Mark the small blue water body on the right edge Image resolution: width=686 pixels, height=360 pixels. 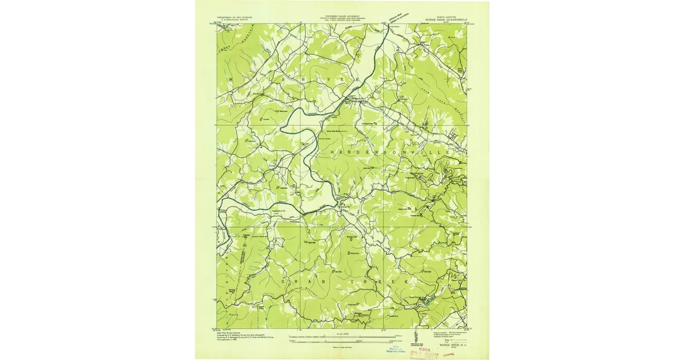[x=464, y=291]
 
